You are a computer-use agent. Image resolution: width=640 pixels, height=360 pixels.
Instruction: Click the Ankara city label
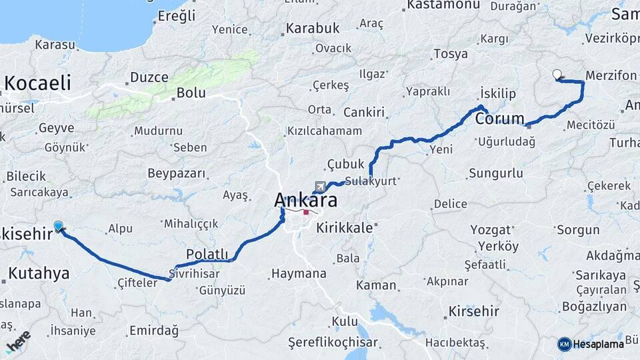[x=305, y=200]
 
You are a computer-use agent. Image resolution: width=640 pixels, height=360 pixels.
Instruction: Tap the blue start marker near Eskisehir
[x=59, y=227]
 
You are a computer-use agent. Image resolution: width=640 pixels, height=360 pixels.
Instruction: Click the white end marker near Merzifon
[x=557, y=75]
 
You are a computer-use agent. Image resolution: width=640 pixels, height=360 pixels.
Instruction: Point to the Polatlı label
[x=207, y=254]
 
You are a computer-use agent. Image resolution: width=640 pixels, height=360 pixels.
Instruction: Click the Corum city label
[x=500, y=119]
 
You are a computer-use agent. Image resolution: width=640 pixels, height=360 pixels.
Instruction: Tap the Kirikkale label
[x=344, y=228]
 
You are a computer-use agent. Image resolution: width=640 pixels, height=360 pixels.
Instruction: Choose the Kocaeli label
[x=38, y=83]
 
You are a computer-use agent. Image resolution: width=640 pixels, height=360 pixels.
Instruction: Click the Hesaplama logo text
[x=597, y=344]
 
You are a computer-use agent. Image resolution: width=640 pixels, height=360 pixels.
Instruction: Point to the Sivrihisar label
[x=194, y=273]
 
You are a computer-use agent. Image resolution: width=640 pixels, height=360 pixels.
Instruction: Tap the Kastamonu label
[x=443, y=5]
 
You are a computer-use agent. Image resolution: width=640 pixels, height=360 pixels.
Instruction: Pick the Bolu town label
[x=191, y=93]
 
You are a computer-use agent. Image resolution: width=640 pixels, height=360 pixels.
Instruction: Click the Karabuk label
[x=313, y=29]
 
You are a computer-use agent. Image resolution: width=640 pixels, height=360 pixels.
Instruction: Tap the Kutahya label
[x=39, y=273]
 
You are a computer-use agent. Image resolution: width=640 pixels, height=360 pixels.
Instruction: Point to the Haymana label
[x=298, y=273]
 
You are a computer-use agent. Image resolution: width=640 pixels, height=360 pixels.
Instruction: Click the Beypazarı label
[x=177, y=173]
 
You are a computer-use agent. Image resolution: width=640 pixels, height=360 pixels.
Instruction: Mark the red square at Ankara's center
[x=306, y=213]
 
